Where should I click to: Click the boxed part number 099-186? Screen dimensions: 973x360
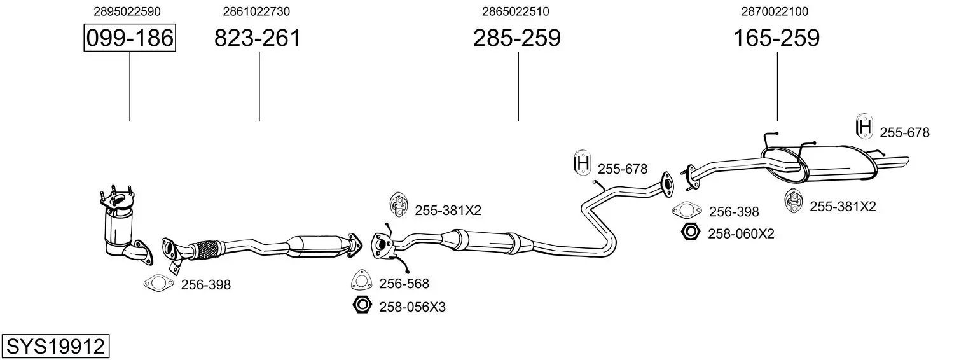[x=130, y=38]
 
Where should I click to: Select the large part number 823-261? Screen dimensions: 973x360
[x=257, y=38]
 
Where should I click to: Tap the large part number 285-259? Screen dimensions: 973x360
[x=517, y=38]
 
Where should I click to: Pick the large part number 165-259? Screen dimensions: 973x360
[x=776, y=38]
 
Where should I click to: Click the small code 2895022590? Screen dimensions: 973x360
[x=127, y=11]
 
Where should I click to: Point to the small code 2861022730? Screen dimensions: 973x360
[x=256, y=11]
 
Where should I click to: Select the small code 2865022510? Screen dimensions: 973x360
[x=516, y=11]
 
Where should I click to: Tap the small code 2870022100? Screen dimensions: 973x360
[x=775, y=11]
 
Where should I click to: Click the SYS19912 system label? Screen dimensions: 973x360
[x=55, y=347]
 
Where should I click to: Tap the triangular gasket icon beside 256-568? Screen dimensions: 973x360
[x=361, y=280]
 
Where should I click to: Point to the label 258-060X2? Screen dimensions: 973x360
[x=741, y=234]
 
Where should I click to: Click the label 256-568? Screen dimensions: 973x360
[x=404, y=284]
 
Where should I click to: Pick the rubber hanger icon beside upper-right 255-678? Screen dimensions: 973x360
[x=864, y=127]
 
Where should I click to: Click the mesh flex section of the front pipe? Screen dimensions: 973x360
[x=207, y=250]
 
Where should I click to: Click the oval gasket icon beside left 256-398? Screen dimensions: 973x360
[x=158, y=284]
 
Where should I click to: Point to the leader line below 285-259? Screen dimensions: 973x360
[x=518, y=87]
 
